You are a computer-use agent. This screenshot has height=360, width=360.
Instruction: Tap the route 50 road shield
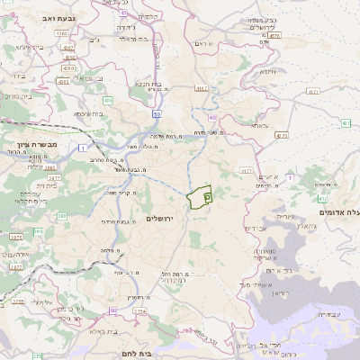tap(157, 114)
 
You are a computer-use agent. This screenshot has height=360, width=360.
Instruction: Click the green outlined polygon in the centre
tap(199, 195)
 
